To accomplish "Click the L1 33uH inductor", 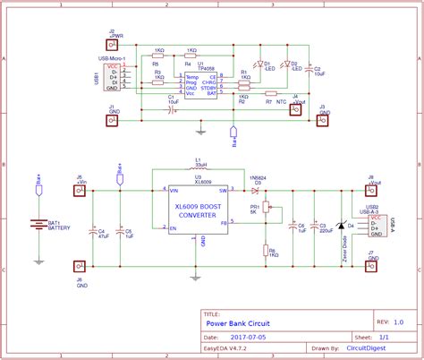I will (199, 170).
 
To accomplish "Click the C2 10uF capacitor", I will (308, 70).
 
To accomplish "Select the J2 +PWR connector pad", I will (112, 43).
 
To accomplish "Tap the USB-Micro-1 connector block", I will (112, 78).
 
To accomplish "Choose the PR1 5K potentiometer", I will (266, 213).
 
